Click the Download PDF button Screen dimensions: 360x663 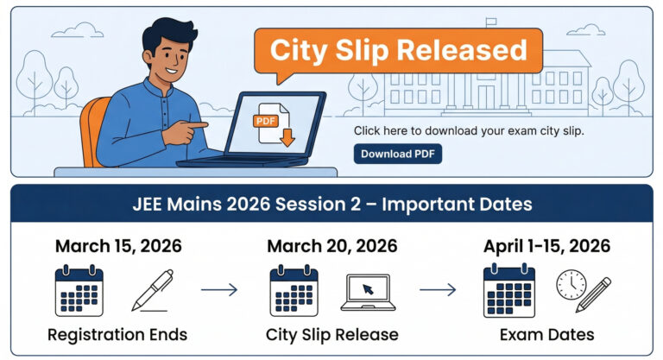[397, 154]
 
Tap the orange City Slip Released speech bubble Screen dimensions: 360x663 [398, 50]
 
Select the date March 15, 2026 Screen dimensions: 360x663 [118, 246]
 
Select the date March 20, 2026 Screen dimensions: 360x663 [332, 246]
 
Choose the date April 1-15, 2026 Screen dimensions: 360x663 [546, 246]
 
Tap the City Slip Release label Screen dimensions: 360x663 [332, 334]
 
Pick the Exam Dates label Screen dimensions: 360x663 [546, 334]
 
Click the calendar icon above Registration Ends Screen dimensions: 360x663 [79, 291]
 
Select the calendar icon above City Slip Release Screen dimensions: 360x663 [294, 291]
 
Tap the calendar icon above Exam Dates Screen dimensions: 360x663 [508, 291]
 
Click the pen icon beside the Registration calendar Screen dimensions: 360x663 [152, 290]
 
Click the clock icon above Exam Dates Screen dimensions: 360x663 [571, 284]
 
